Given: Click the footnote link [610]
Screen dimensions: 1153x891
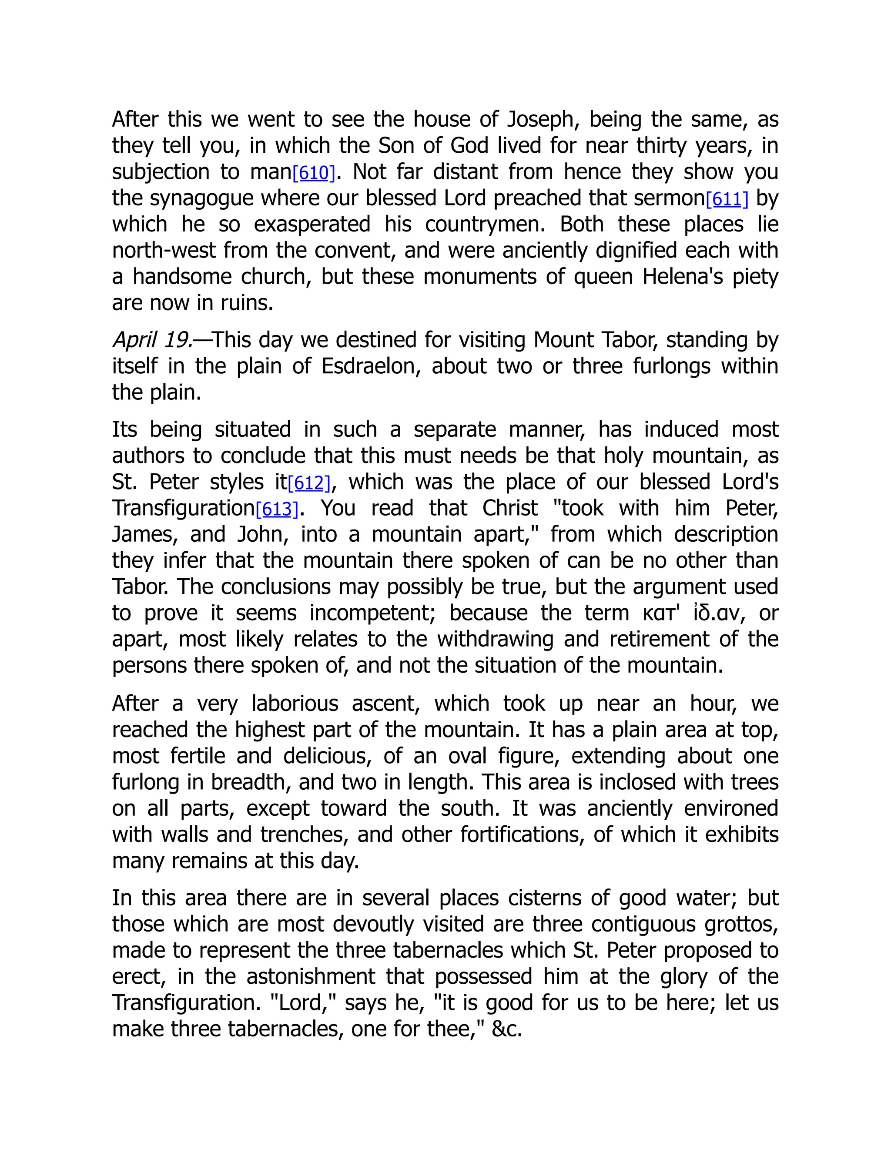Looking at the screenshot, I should [x=314, y=173].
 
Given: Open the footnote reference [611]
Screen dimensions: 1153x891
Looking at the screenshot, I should [x=727, y=199].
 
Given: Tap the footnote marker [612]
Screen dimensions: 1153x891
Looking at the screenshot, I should [x=309, y=483].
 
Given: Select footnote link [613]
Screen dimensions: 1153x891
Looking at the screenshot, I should [x=277, y=509].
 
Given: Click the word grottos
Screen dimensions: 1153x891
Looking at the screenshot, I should [x=741, y=925].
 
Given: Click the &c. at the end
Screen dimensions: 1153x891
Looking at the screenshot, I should [x=506, y=1029].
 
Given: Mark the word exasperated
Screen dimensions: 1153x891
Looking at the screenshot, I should [x=312, y=225].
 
